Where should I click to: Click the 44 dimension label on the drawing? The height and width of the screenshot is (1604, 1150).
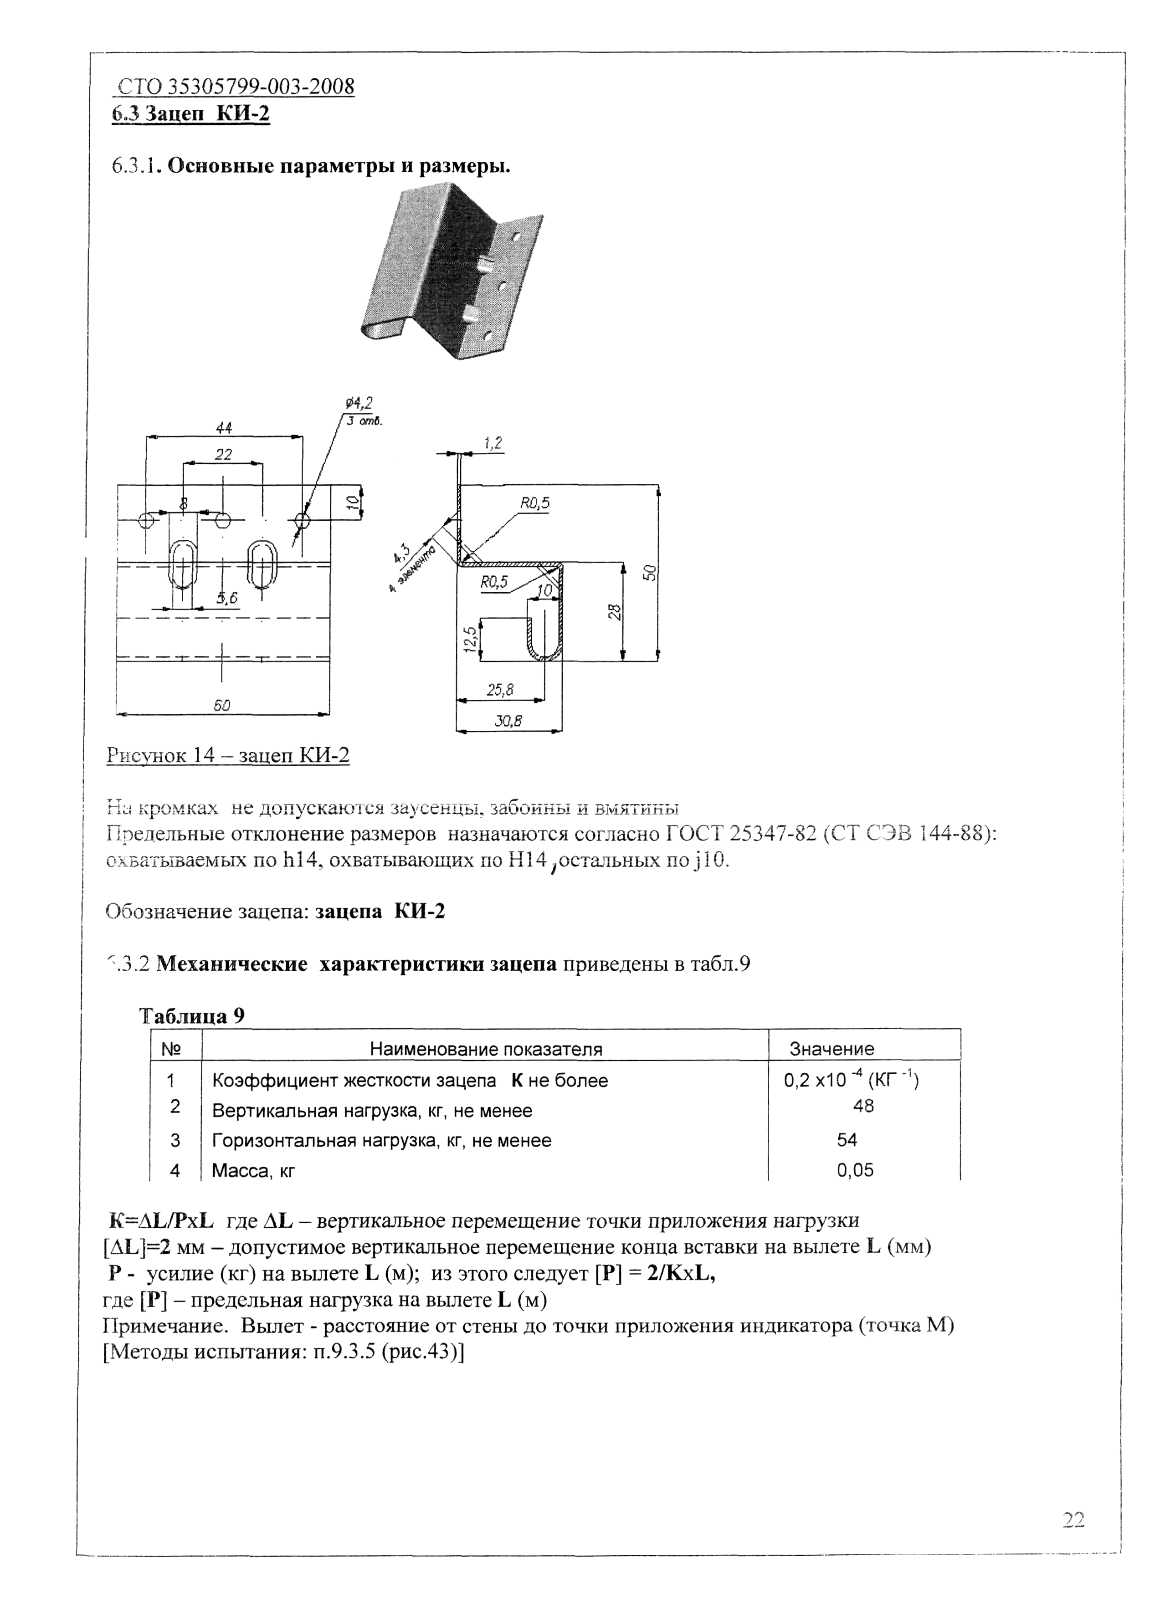click(224, 427)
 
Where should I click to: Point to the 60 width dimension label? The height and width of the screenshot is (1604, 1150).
click(222, 705)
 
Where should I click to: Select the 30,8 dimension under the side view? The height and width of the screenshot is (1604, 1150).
click(508, 721)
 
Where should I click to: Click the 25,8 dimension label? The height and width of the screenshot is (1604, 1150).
click(499, 690)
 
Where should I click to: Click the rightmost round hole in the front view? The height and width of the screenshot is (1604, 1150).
click(302, 521)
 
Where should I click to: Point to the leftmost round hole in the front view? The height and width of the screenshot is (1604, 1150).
click(146, 521)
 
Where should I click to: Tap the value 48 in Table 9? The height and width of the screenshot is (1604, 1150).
click(863, 1106)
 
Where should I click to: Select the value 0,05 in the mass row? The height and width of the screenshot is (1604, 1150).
click(855, 1170)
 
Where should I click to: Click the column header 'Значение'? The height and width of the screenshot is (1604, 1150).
click(832, 1049)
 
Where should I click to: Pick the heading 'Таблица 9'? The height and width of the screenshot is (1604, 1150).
click(192, 1016)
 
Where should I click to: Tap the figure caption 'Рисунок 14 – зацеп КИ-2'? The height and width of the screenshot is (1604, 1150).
click(228, 755)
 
